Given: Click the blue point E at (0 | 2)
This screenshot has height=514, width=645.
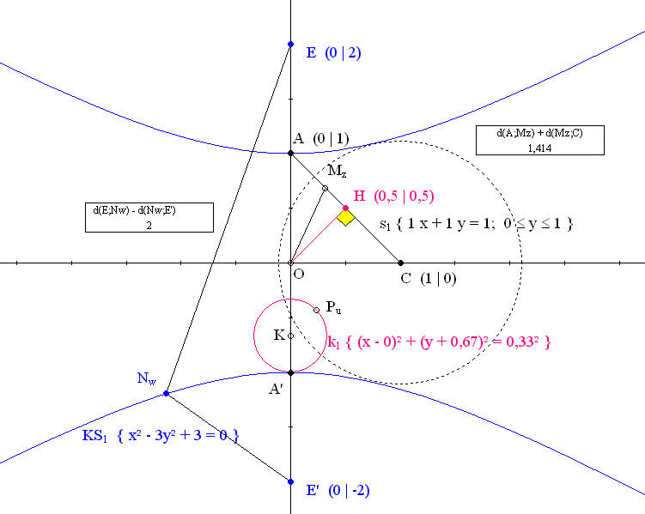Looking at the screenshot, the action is pos(290,44).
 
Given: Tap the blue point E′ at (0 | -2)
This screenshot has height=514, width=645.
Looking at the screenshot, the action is pos(290,481).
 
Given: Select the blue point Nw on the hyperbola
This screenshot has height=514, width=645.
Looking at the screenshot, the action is pos(166,393).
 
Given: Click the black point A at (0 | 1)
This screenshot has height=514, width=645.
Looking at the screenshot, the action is pos(290,154).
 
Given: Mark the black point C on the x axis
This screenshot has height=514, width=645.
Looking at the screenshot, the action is pos(401,263).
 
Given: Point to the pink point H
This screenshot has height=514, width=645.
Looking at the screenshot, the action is pos(345,208).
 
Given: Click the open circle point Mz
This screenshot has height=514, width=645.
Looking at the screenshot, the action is pos(325,188).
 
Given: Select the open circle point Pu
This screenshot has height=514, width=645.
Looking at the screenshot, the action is pos(316,310).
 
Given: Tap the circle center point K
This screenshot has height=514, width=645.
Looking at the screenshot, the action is pos(290,336).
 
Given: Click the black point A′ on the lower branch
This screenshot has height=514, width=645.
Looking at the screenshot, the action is pos(290,372).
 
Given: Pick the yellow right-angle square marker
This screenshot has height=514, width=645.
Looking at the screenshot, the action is pos(345,218).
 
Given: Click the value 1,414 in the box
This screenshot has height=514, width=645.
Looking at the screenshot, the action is pos(539,148).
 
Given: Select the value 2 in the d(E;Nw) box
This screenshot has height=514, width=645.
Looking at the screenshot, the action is pos(149,225).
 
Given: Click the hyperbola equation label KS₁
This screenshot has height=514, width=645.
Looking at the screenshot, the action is pos(161,435).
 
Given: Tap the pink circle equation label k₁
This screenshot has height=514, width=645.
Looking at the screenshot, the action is pos(439,342).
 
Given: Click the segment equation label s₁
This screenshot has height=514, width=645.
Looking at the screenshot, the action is pos(477,224).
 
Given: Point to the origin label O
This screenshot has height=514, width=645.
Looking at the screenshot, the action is pos(299,274).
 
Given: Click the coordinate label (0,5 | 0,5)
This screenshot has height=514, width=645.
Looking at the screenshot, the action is pos(404,196).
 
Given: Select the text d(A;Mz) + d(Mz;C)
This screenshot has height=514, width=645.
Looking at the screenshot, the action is pos(539,133).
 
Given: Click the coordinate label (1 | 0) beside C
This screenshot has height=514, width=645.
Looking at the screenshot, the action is pos(439,279).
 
